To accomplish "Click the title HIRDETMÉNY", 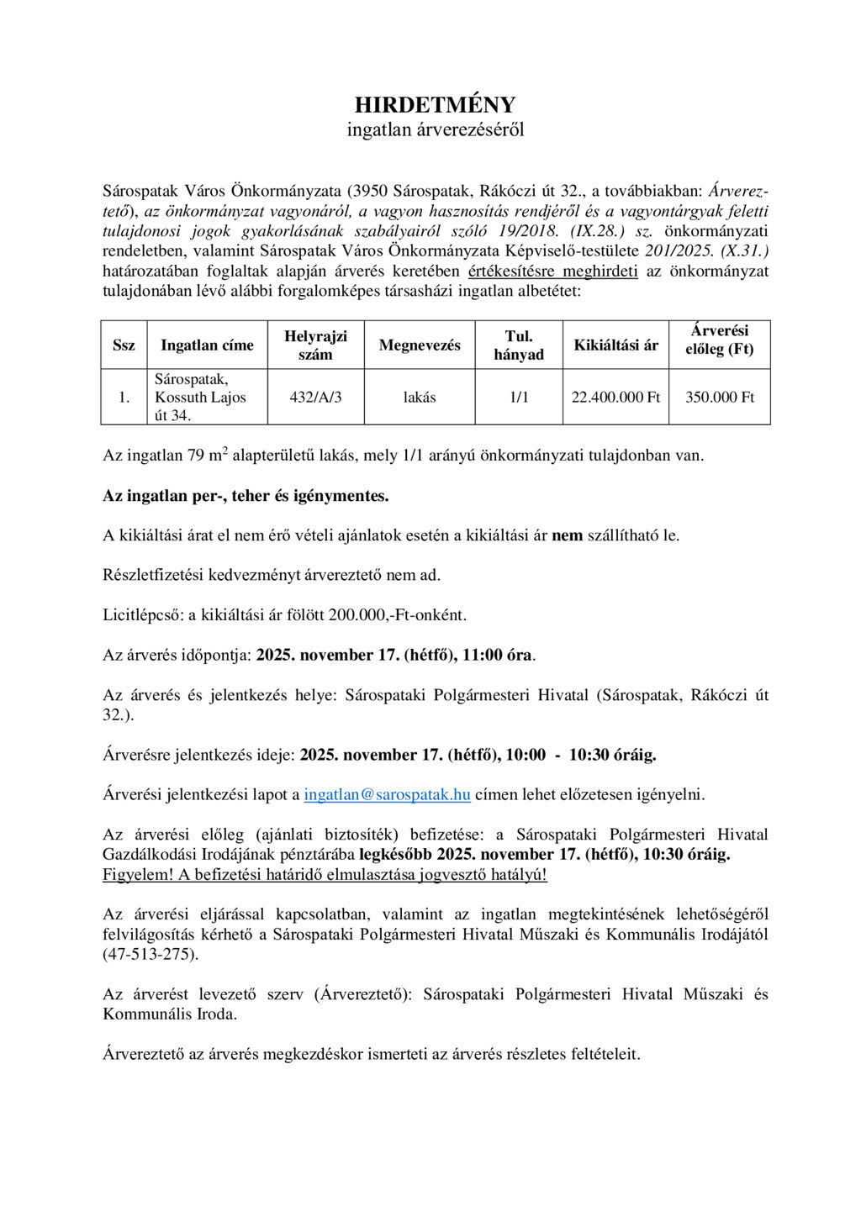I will (x=435, y=105).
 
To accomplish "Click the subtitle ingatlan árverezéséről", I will (x=435, y=130).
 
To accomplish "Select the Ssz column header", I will (x=124, y=345).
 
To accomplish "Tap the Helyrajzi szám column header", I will (x=315, y=345).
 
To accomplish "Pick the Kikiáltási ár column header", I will (x=615, y=345).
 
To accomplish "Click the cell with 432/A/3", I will (x=315, y=398).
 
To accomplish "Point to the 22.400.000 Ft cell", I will (x=615, y=398).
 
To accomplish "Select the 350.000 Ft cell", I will (x=720, y=398).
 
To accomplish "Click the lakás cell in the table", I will (x=420, y=398).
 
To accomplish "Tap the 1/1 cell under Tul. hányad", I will (x=519, y=398).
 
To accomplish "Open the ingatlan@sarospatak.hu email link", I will (x=387, y=794).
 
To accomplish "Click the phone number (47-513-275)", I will (x=151, y=954).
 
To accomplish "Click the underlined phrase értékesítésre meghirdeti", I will (x=552, y=271).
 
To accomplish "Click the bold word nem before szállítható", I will (x=567, y=535).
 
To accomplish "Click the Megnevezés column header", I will (x=420, y=345).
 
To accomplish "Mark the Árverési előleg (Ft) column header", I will (x=720, y=340).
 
